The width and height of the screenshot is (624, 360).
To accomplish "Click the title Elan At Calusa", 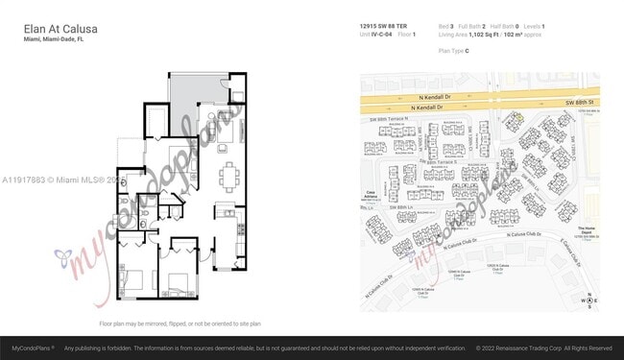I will pyautogui.click(x=60, y=30).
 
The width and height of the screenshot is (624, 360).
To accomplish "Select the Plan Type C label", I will pyautogui.click(x=453, y=49).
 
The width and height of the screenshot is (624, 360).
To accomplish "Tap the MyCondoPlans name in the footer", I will pyautogui.click(x=33, y=348).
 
